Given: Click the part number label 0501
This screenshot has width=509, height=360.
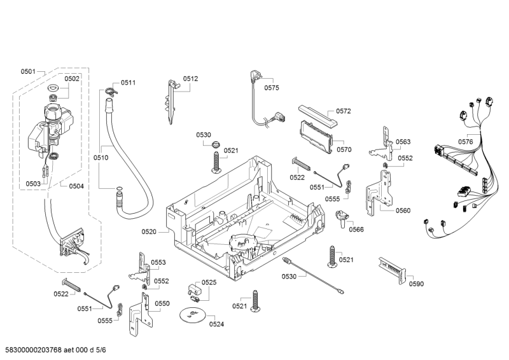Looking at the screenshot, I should pos(29,71).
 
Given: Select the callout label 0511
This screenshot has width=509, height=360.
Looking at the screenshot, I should pos(129,83).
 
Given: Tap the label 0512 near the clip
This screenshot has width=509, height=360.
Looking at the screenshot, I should pos(191,79).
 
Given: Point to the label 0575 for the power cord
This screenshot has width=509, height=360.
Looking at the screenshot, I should pos(272,88).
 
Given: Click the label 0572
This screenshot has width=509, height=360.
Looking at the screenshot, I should pos(344,111).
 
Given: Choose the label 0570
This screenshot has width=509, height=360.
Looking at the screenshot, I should pos(344,149).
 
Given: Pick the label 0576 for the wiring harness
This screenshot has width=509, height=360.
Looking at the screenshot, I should pos(466,142).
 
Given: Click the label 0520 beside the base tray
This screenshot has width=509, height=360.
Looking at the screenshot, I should pos(149,232).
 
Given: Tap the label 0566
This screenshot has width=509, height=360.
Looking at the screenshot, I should pos(356,229).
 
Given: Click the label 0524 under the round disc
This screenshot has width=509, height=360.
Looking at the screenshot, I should pos(217,324).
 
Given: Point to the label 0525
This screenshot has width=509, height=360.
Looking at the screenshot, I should pos(209,282).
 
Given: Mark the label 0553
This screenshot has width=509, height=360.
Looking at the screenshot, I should pos(158,263).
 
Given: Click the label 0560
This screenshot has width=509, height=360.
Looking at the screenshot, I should pos(403,211).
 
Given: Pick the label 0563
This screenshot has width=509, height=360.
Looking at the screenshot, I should pos(403,142).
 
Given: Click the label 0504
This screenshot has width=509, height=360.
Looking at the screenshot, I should pos(76,186).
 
